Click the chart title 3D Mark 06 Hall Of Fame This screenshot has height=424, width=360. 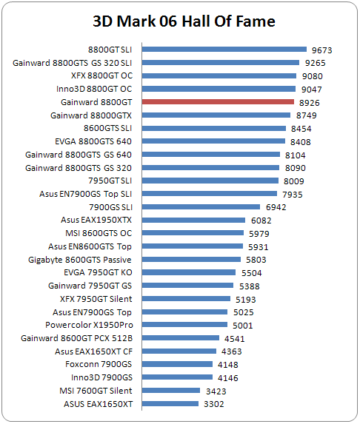(x=184, y=21)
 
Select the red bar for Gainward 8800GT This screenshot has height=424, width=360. (x=218, y=102)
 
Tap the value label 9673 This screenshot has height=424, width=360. (x=321, y=50)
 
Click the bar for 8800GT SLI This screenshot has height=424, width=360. (x=224, y=50)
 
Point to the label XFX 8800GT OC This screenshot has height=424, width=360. (x=101, y=75)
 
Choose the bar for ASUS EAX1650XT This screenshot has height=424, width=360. (x=170, y=404)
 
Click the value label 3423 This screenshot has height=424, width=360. (x=216, y=391)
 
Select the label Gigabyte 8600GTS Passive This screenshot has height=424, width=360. (x=80, y=260)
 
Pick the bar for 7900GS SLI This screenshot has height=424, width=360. (x=201, y=207)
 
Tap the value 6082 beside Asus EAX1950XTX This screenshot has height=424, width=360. (x=261, y=221)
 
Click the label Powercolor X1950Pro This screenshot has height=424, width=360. (x=89, y=325)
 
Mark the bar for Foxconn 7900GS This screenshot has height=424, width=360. (x=177, y=364)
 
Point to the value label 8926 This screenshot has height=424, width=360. (x=309, y=103)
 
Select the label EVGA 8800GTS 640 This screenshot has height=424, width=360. (x=93, y=141)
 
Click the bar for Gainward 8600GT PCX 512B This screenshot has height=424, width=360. (x=181, y=337)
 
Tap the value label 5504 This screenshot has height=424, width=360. (x=251, y=273)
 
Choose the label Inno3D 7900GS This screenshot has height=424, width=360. (x=101, y=377)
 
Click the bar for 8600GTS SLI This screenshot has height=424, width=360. (x=214, y=128)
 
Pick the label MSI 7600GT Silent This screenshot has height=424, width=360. (x=96, y=391)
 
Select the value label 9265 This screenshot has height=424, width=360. (x=315, y=63)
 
